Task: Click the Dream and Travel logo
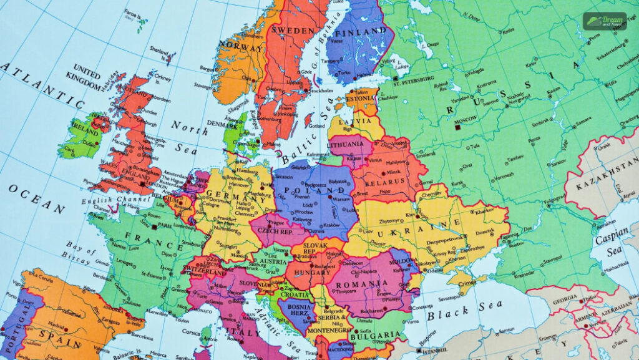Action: [604, 21]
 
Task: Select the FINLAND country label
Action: [361, 31]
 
